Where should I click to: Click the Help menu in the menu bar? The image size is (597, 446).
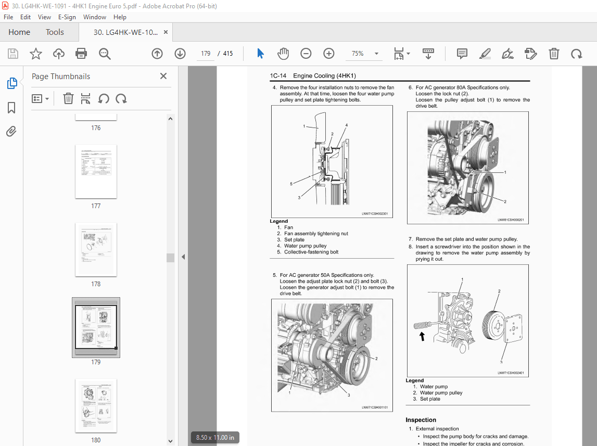(x=120, y=17)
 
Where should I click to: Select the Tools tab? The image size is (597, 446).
(x=55, y=32)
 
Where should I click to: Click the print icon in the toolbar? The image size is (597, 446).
(x=81, y=54)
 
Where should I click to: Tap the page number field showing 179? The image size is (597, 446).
(x=206, y=54)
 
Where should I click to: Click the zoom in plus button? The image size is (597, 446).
(x=329, y=54)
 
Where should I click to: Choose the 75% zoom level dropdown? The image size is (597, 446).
(x=364, y=54)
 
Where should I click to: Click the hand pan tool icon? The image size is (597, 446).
(x=283, y=54)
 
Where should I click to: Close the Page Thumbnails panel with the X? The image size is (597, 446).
(x=163, y=76)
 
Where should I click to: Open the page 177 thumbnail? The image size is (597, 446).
(x=96, y=171)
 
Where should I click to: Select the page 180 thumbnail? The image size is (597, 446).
(x=96, y=406)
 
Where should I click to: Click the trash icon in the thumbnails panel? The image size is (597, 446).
(x=68, y=98)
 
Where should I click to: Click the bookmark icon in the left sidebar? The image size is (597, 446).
(x=11, y=107)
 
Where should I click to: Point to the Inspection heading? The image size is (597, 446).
(x=421, y=420)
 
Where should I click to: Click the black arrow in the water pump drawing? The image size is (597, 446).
(x=422, y=337)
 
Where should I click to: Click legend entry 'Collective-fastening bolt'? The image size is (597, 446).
(x=311, y=252)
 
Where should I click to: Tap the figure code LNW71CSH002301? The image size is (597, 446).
(x=375, y=213)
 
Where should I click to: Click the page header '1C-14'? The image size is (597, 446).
(x=278, y=76)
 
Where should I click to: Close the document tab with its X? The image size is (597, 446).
(x=166, y=32)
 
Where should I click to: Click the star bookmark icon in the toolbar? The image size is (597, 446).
(x=35, y=54)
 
